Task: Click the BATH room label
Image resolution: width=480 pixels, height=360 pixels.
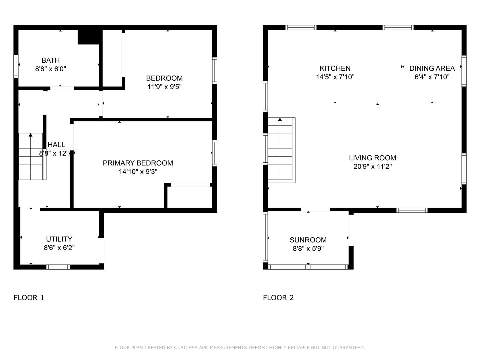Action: (51, 60)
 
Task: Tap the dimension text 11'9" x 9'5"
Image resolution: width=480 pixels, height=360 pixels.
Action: (164, 87)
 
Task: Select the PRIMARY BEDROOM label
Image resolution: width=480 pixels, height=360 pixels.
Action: (138, 163)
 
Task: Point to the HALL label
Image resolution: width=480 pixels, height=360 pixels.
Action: (56, 145)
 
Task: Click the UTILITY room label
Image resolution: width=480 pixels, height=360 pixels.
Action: (59, 239)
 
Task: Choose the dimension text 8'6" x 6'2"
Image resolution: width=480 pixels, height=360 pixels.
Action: (59, 248)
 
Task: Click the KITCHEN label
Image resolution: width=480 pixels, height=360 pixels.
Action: (335, 68)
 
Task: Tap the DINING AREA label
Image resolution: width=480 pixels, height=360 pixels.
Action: (432, 68)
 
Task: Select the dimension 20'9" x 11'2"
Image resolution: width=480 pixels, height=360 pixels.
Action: (372, 167)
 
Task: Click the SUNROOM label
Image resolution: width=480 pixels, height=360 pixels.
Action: (308, 240)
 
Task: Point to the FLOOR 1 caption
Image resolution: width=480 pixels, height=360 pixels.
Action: (29, 298)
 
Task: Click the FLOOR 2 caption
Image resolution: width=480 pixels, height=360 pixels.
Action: (278, 298)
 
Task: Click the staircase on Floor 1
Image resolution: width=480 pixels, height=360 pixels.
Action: (31, 157)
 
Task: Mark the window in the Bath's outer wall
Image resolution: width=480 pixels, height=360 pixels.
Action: (16, 66)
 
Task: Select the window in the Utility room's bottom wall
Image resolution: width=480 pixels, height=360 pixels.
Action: (58, 267)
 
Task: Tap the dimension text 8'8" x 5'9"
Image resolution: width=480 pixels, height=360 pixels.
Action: (308, 249)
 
